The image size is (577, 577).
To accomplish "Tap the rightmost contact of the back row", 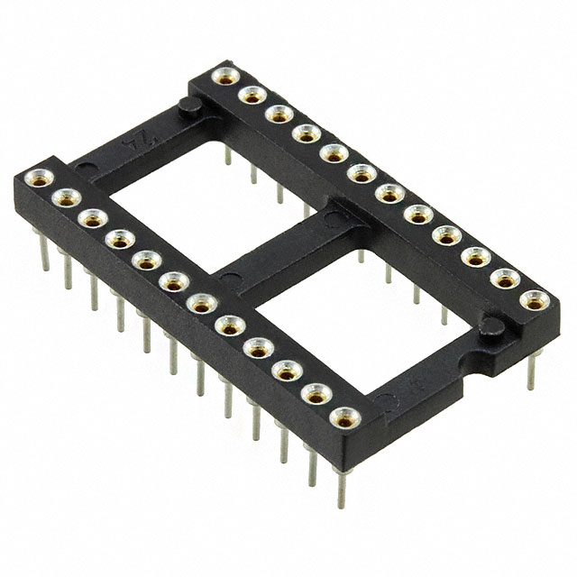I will tap(535, 299).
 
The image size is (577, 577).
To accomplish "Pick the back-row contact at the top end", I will tap(223, 76).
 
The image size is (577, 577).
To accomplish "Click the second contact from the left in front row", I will tap(63, 197).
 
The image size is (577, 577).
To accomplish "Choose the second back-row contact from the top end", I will tap(251, 94).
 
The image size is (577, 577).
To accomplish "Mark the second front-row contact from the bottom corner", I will tap(316, 394).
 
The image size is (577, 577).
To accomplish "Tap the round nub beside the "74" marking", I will tap(188, 108).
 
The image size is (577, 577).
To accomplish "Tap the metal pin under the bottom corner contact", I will tap(342, 482).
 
